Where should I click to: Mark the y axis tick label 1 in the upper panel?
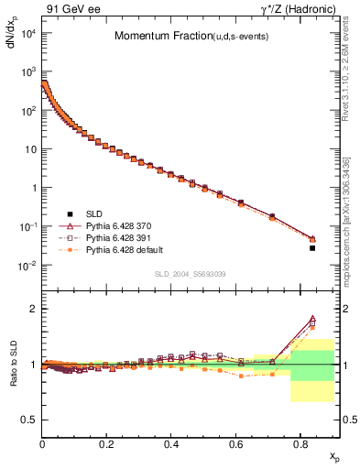coord(32,188)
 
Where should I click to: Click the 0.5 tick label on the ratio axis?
coord(27,420)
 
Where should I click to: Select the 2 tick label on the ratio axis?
coord(32,309)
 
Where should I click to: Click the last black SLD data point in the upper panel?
coord(312,247)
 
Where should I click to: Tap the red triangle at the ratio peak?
coord(312,319)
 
